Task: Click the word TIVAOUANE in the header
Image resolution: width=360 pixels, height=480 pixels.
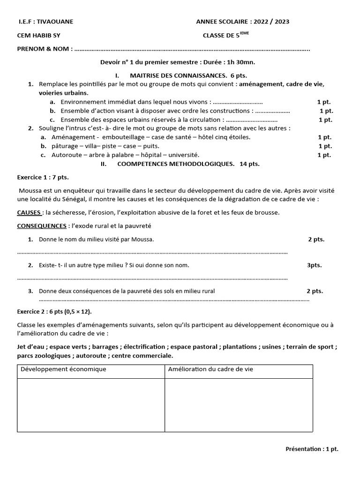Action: [55, 22]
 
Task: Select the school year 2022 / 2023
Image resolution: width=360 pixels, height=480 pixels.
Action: [274, 22]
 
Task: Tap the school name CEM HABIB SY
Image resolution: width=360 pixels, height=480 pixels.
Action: [38, 35]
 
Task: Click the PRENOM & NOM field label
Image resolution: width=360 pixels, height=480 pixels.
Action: [45, 49]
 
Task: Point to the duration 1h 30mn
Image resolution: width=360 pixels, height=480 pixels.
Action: [237, 62]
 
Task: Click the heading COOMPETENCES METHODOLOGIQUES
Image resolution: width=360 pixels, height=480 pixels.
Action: [176, 164]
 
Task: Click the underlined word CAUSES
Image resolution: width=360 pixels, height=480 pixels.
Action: [29, 212]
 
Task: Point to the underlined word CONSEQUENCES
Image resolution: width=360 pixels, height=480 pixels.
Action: [42, 226]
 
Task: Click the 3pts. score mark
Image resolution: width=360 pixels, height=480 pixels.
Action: [315, 265]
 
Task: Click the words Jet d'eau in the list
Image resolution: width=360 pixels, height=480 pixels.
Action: [31, 347]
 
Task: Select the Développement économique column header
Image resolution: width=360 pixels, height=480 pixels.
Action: [63, 369]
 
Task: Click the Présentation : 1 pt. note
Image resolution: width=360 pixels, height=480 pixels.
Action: [312, 449]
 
